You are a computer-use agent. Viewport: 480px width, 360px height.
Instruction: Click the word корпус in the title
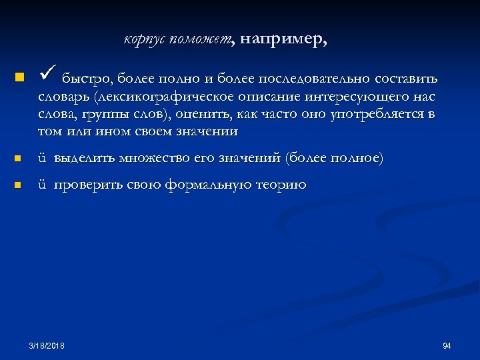[x=144, y=40]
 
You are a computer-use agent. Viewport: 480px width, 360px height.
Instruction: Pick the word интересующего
[x=358, y=97]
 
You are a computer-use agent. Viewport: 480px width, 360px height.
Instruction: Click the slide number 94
[x=447, y=345]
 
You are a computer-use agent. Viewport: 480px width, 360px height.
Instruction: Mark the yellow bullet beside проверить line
[x=18, y=185]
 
